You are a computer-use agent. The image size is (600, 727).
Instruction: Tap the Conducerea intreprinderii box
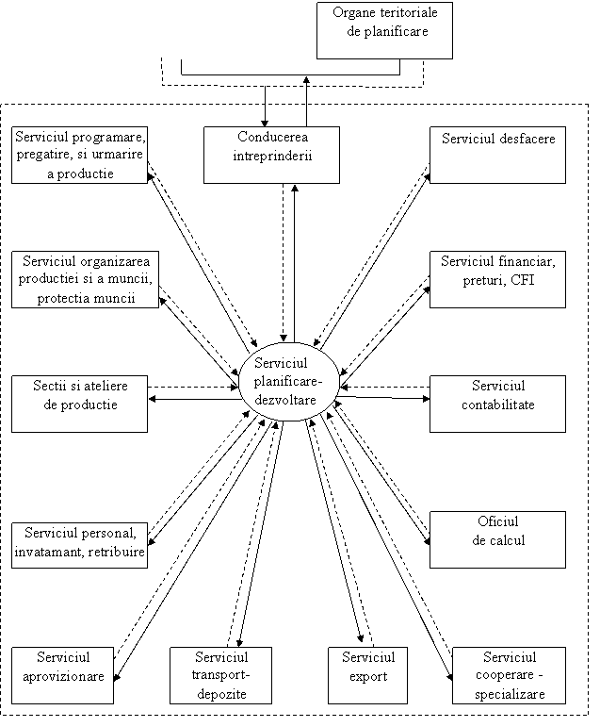(x=271, y=154)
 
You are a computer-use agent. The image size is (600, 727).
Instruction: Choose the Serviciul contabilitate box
(x=497, y=403)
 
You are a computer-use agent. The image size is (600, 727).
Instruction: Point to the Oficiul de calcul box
(x=497, y=539)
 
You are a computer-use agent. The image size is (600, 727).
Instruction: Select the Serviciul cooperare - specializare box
(x=509, y=675)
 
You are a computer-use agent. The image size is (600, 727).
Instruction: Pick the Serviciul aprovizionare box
(x=64, y=675)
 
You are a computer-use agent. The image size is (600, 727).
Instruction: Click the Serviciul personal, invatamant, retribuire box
(x=80, y=545)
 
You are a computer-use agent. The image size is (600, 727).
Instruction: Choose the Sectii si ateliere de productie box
(x=80, y=403)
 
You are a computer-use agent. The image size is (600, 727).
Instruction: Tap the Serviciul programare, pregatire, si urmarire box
(x=80, y=155)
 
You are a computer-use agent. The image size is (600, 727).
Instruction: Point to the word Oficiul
(x=498, y=523)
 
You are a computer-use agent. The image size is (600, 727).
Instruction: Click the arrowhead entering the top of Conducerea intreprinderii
(x=265, y=122)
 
